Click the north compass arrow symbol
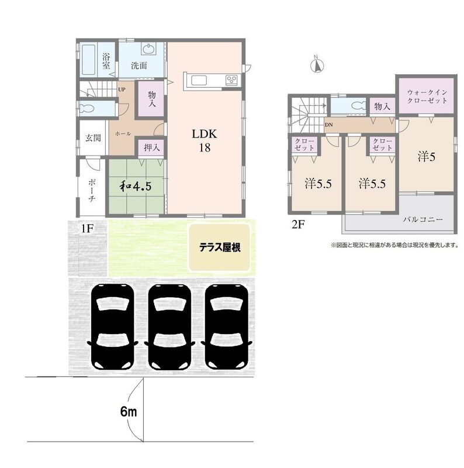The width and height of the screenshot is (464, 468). pyautogui.click(x=316, y=64)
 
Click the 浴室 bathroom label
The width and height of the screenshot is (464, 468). pyautogui.click(x=106, y=61)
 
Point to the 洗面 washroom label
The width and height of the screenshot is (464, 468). pyautogui.click(x=138, y=65)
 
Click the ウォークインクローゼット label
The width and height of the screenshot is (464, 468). pyautogui.click(x=428, y=96)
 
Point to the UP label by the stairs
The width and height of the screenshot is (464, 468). pyautogui.click(x=122, y=90)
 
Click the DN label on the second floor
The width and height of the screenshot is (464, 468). pyautogui.click(x=329, y=125)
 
